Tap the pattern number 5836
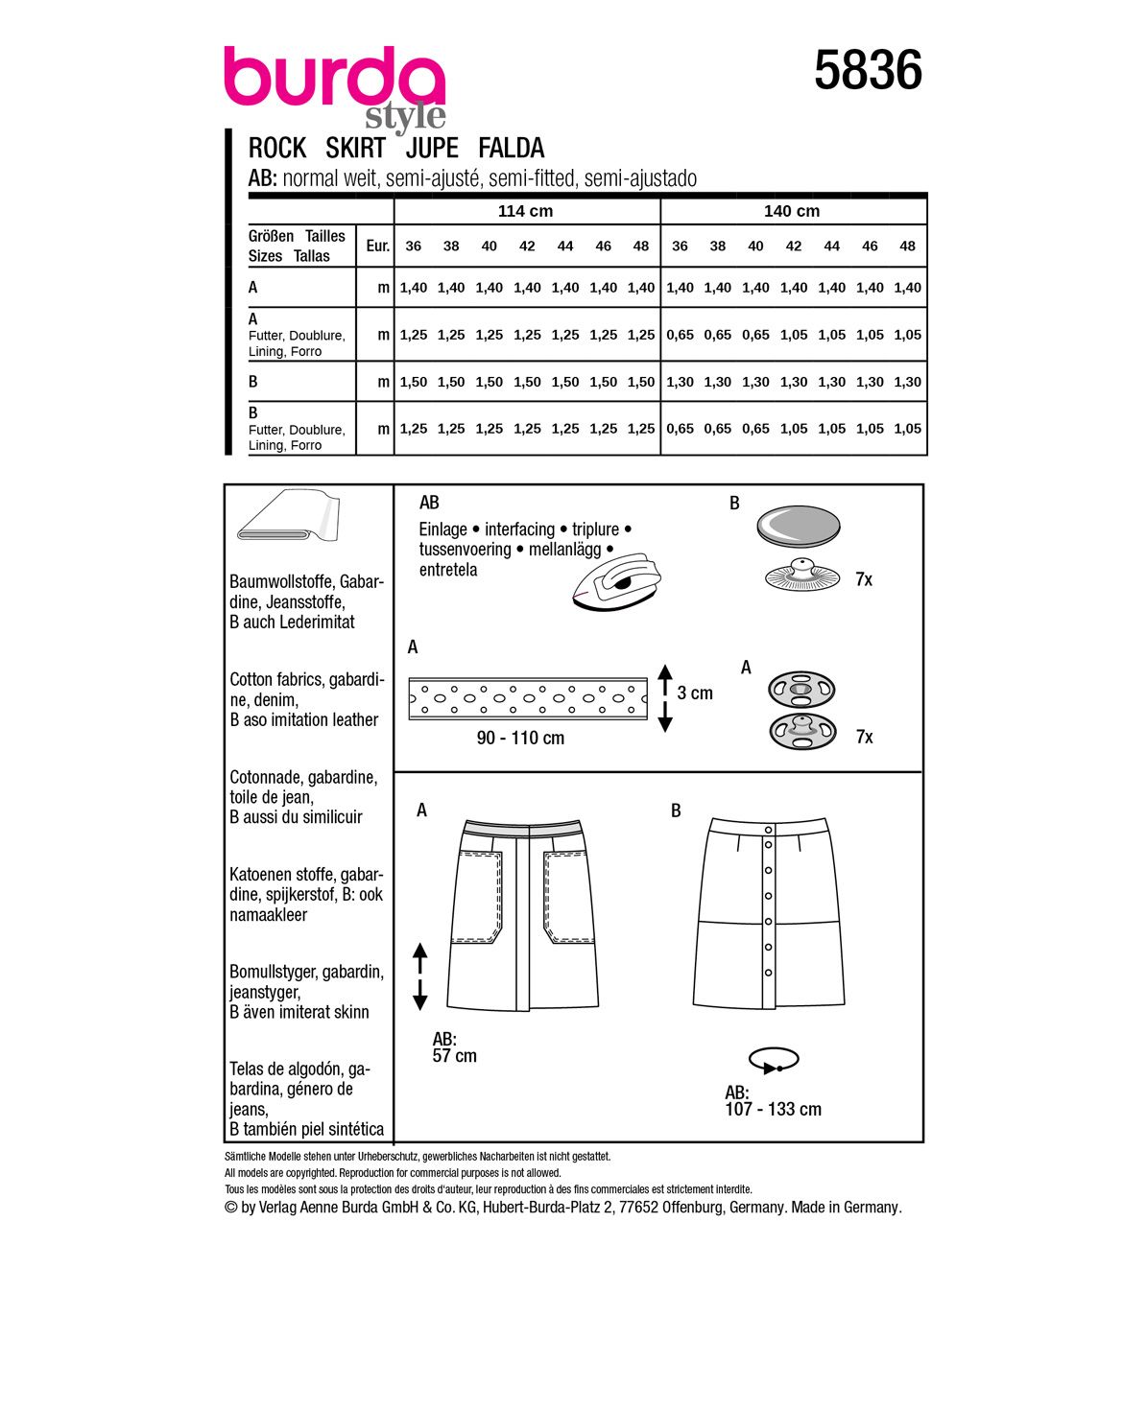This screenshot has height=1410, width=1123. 868,72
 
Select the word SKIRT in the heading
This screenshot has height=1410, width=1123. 355,149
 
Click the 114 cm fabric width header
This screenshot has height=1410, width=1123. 525,211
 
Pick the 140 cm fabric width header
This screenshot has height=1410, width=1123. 792,211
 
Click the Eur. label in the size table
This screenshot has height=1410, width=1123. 377,247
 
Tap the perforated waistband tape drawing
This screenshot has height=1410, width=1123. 528,696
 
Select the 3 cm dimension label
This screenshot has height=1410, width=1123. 695,693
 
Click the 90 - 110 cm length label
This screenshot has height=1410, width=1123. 520,739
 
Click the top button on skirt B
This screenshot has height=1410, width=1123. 769,830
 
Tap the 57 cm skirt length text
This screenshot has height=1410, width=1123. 454,1056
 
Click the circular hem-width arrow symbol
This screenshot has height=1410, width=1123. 774,1060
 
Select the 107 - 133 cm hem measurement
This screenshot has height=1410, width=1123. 774,1110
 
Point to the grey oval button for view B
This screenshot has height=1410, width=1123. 798,525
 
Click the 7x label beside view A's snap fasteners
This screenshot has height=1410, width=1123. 864,738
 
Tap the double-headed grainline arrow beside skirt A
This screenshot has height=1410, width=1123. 419,976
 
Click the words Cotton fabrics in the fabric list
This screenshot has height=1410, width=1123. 276,680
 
